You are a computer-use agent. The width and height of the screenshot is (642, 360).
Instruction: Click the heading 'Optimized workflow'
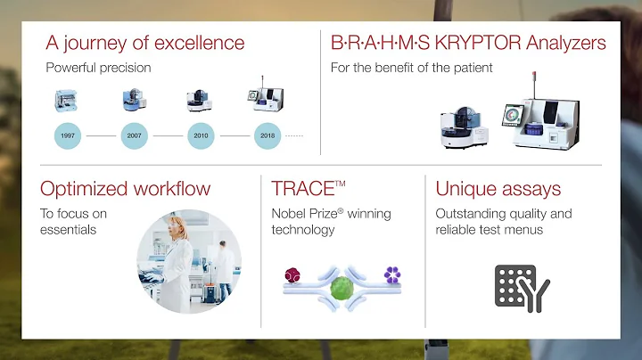click(126, 188)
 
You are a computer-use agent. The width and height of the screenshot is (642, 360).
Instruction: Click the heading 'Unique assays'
click(498, 188)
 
